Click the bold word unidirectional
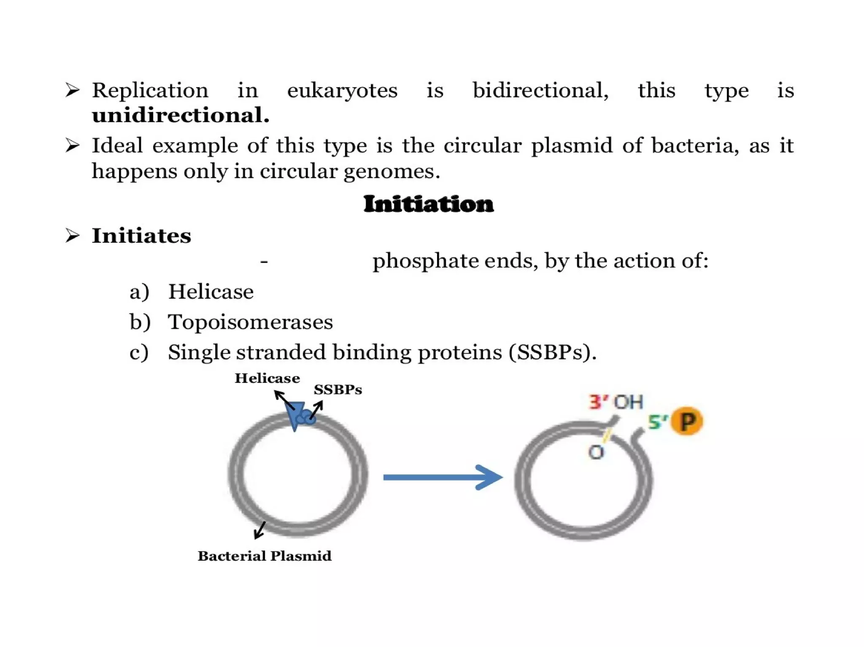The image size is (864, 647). tap(181, 115)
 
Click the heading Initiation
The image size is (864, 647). tap(428, 204)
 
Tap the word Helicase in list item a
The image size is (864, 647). tap(211, 292)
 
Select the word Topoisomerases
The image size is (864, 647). tap(250, 322)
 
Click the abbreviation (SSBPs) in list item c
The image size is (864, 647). tap(552, 352)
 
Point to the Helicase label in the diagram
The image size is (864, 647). tap(267, 378)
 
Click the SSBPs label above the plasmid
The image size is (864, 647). tap(337, 389)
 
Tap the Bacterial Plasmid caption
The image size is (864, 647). tap(265, 556)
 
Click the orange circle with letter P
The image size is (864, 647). tap(687, 421)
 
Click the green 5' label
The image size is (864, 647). tap(657, 422)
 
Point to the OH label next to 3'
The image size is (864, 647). tap(628, 402)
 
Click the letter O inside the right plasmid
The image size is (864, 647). tap(596, 453)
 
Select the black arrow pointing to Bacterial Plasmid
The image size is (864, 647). tap(259, 530)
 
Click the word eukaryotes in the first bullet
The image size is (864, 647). tap(342, 91)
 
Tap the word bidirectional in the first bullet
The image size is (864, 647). tap(540, 91)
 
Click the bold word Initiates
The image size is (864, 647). tap(141, 236)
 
